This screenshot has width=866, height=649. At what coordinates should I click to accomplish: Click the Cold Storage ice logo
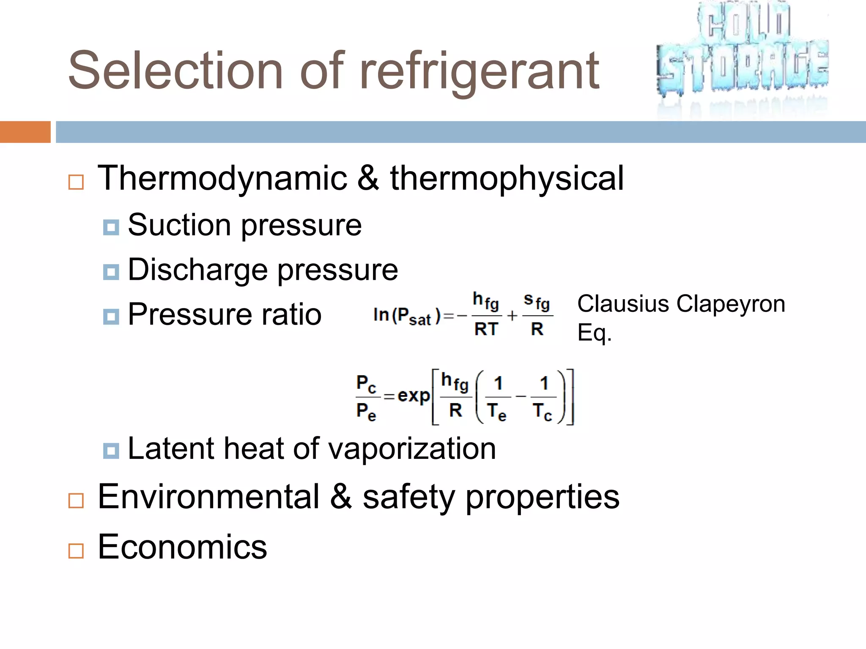pos(743,53)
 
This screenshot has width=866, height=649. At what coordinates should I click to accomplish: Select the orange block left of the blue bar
pos(25,132)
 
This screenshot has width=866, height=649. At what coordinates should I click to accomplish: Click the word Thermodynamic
pos(222,178)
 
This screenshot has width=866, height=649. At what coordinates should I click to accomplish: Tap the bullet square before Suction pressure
pos(111,227)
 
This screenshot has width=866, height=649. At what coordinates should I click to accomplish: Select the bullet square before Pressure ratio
pos(111,316)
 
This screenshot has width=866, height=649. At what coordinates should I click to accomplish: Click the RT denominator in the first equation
pos(486,329)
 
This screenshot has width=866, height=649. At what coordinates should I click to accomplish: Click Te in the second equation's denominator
pos(496,412)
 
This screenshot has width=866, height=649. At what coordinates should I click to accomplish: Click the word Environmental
pos(208,497)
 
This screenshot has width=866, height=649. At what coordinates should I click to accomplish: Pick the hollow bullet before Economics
pos(76,551)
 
